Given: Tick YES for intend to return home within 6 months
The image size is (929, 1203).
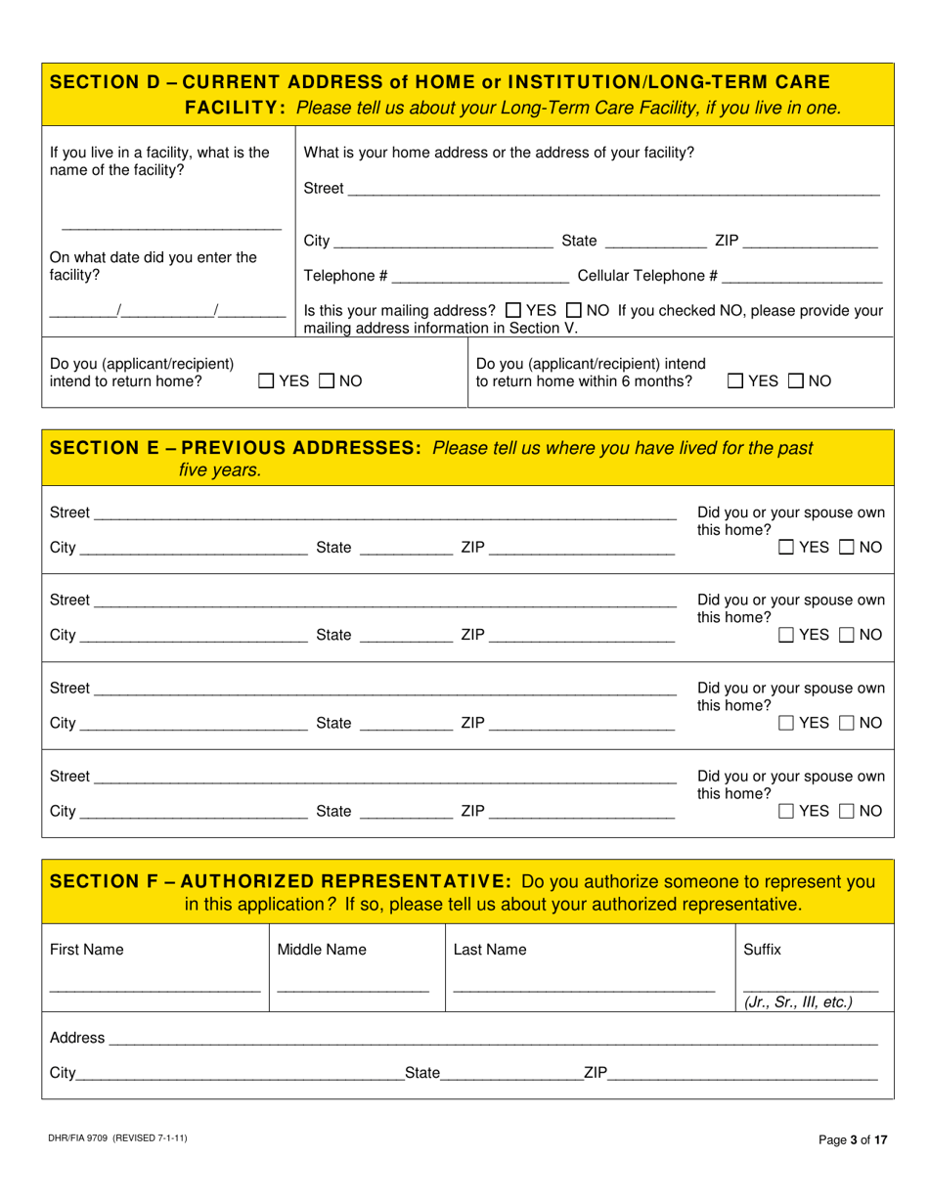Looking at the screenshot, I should coord(734,381).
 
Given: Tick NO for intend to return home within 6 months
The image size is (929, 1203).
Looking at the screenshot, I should coord(795,381).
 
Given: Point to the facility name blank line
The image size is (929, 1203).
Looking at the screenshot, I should coord(171,227).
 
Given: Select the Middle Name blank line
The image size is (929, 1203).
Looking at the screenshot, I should coord(352,989).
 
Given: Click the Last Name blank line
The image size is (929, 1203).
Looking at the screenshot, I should coord(584,989).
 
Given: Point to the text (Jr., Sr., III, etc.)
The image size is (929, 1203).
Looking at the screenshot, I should coord(798,1002).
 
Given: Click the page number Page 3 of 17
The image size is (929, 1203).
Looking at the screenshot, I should coord(853,1139).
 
